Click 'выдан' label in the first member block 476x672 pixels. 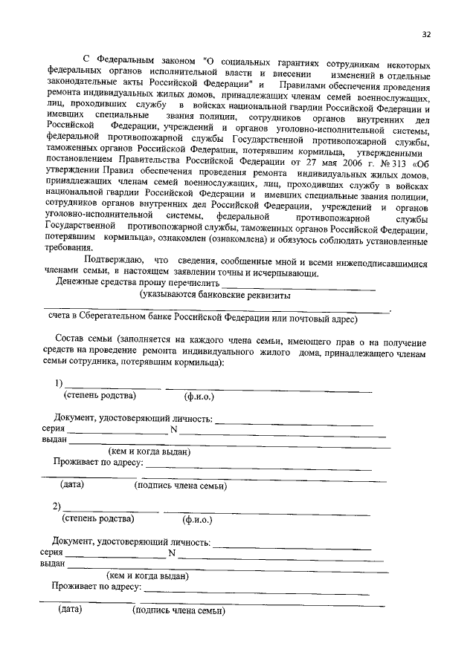coord(53,440)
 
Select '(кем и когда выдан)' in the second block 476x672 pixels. coord(147,575)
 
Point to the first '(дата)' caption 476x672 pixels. coord(72,486)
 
